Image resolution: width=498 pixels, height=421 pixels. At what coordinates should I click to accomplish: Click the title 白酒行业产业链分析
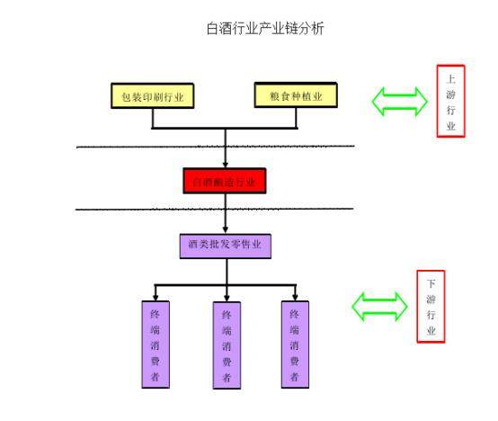tap(265, 29)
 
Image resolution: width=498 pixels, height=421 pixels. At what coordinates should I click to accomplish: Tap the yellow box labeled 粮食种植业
tap(296, 95)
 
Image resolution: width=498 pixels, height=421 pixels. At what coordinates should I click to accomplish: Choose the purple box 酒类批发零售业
tap(225, 245)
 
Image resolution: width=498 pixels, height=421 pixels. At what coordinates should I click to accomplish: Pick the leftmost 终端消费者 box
tap(155, 343)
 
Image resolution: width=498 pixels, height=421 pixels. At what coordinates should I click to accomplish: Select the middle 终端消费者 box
tap(227, 345)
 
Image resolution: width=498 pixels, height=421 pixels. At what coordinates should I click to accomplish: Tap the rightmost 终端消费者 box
tap(295, 343)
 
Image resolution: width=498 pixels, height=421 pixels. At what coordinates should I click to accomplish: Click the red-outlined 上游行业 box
tap(450, 101)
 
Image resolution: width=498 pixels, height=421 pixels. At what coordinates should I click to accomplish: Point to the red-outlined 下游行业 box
tap(431, 306)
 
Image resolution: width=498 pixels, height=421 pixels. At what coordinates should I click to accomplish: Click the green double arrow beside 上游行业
tap(399, 101)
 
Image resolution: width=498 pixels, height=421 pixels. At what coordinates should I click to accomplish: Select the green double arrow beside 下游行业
tap(379, 307)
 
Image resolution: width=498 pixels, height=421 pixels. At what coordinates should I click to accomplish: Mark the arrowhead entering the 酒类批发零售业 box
tap(225, 228)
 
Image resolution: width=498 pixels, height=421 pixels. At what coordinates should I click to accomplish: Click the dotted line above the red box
tap(216, 146)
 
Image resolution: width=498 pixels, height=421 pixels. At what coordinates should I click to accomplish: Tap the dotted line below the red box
tap(216, 209)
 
